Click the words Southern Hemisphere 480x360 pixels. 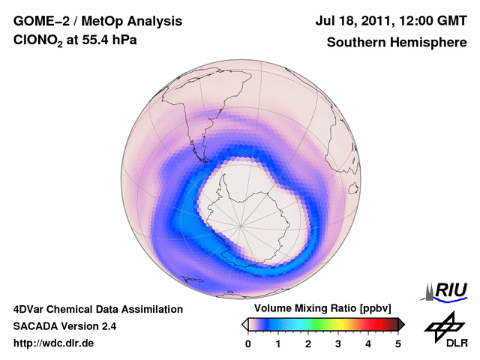point(396,43)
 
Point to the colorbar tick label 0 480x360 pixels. point(248,343)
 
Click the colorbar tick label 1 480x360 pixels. point(278,343)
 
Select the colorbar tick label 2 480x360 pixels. point(308,343)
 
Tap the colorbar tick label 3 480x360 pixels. point(338,343)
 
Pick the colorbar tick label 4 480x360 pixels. point(368,343)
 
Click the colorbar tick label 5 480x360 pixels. point(398,343)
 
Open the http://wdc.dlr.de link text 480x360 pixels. point(54,343)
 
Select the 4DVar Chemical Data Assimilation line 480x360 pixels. point(97,309)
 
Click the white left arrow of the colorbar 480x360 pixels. point(244,324)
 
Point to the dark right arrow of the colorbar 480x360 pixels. point(401,324)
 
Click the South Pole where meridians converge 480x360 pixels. point(241,224)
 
